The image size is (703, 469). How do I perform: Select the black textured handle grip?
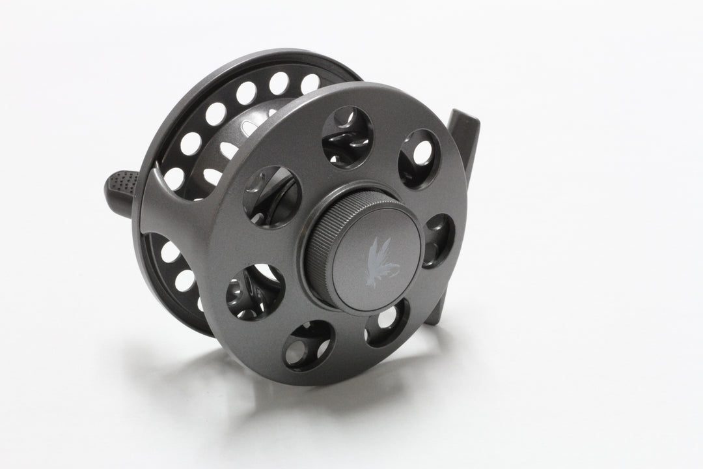tap(120, 182)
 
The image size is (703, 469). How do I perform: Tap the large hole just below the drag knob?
tap(387, 322)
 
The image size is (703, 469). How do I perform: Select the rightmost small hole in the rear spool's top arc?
tap(310, 83)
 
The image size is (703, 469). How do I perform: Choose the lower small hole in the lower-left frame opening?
tap(185, 280)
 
